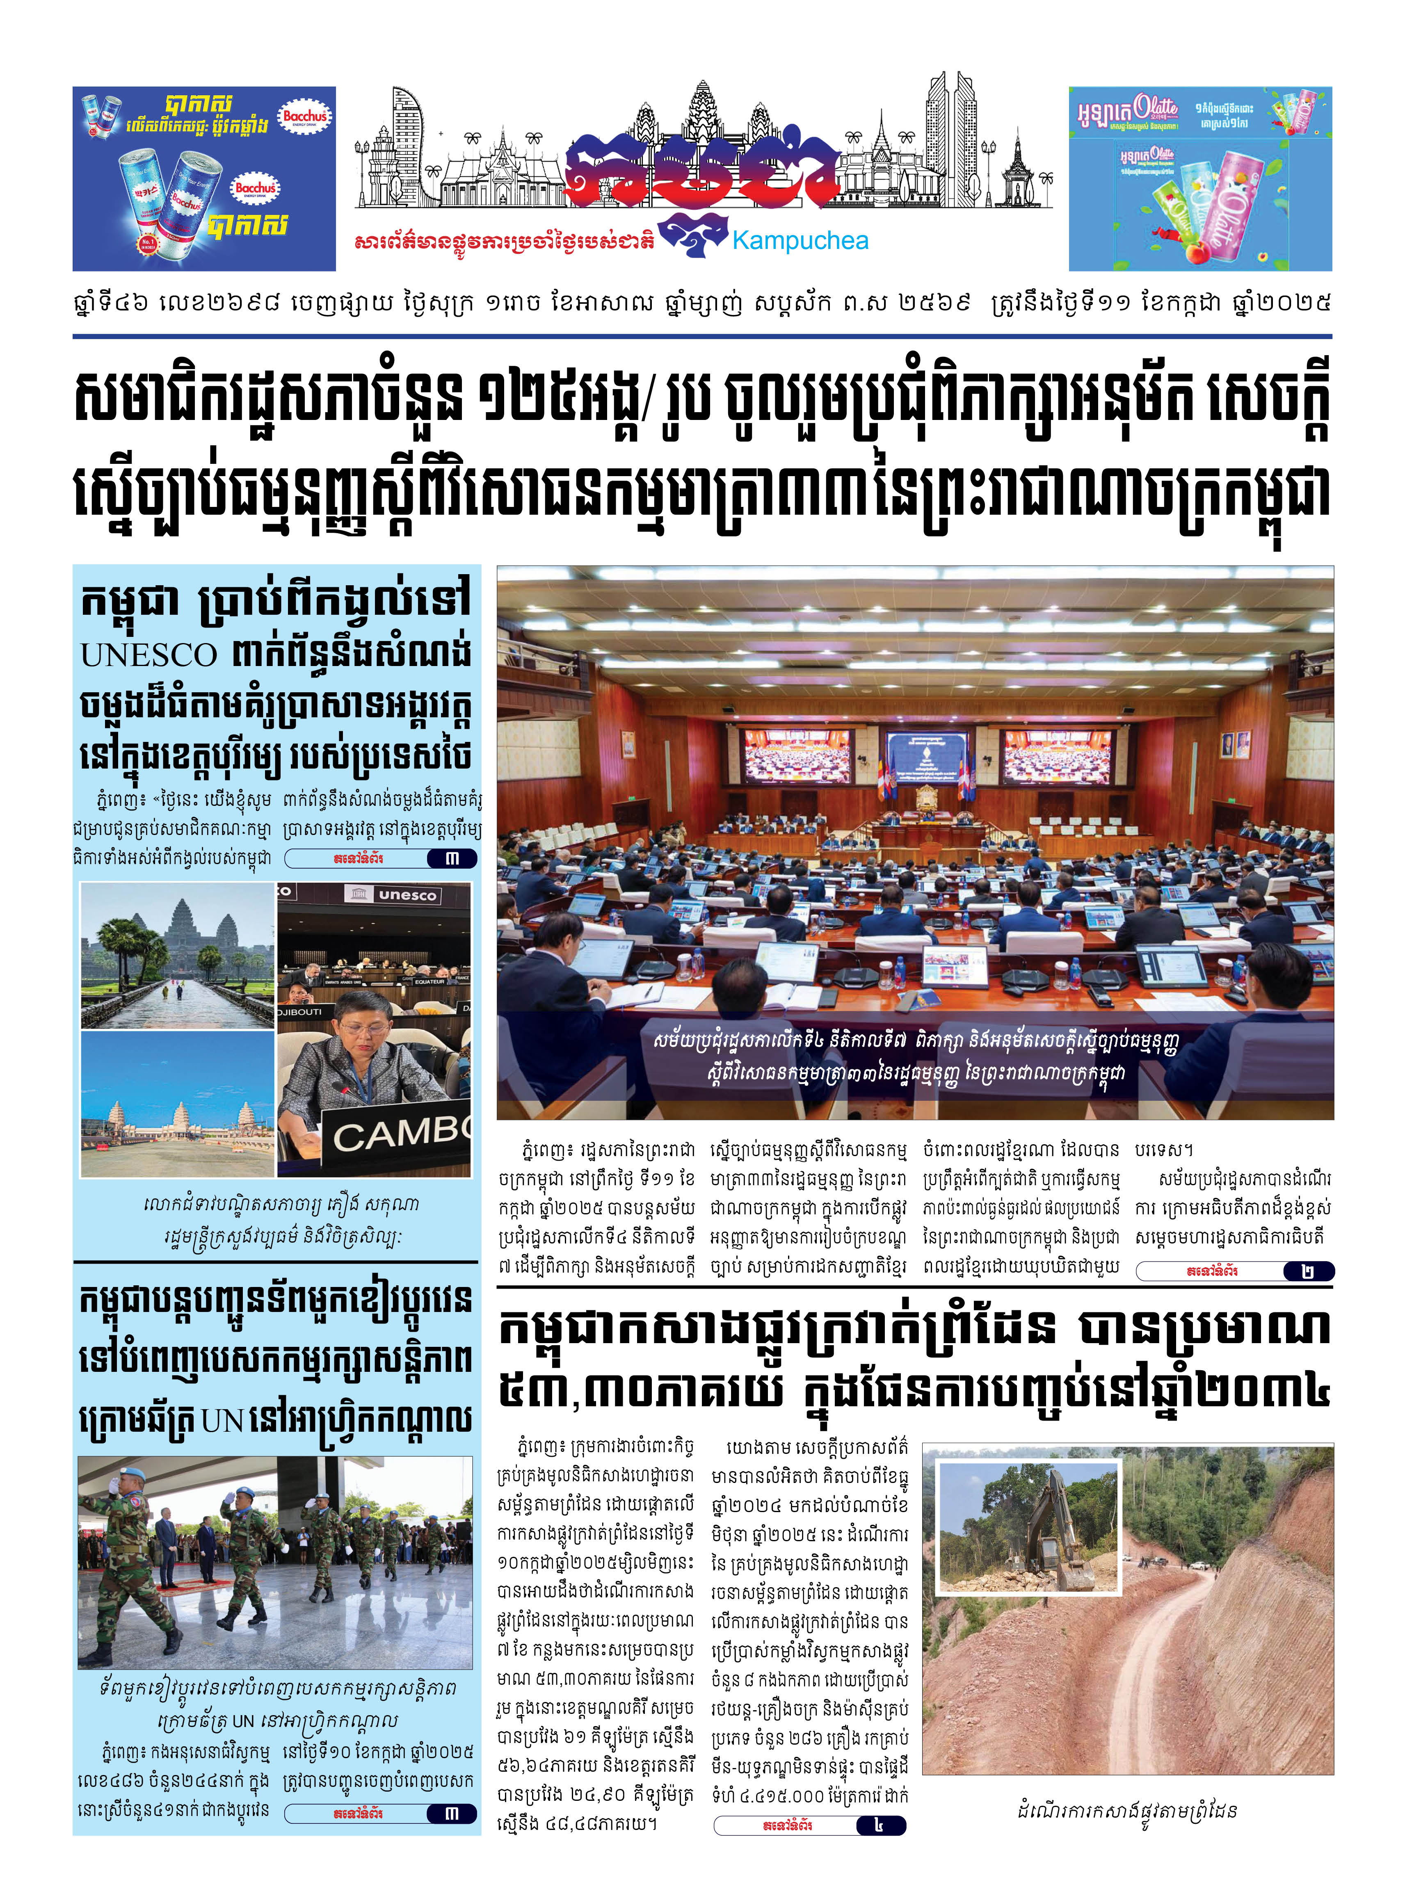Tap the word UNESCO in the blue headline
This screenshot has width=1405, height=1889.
click(x=149, y=655)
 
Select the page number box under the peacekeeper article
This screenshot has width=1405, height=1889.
click(x=452, y=1814)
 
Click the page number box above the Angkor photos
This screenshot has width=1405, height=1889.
click(x=452, y=859)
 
